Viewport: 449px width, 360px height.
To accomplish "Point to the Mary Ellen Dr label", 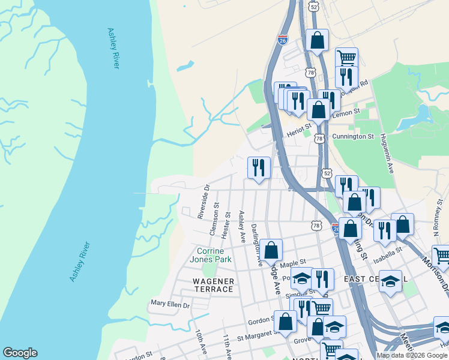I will (x=170, y=305).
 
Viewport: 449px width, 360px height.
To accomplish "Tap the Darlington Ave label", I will (x=256, y=244).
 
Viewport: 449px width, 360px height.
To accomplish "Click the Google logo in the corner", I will (x=20, y=353).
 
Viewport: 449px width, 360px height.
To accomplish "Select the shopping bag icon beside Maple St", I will (x=271, y=249).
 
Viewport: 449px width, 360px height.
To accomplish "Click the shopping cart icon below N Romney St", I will (x=441, y=255).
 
